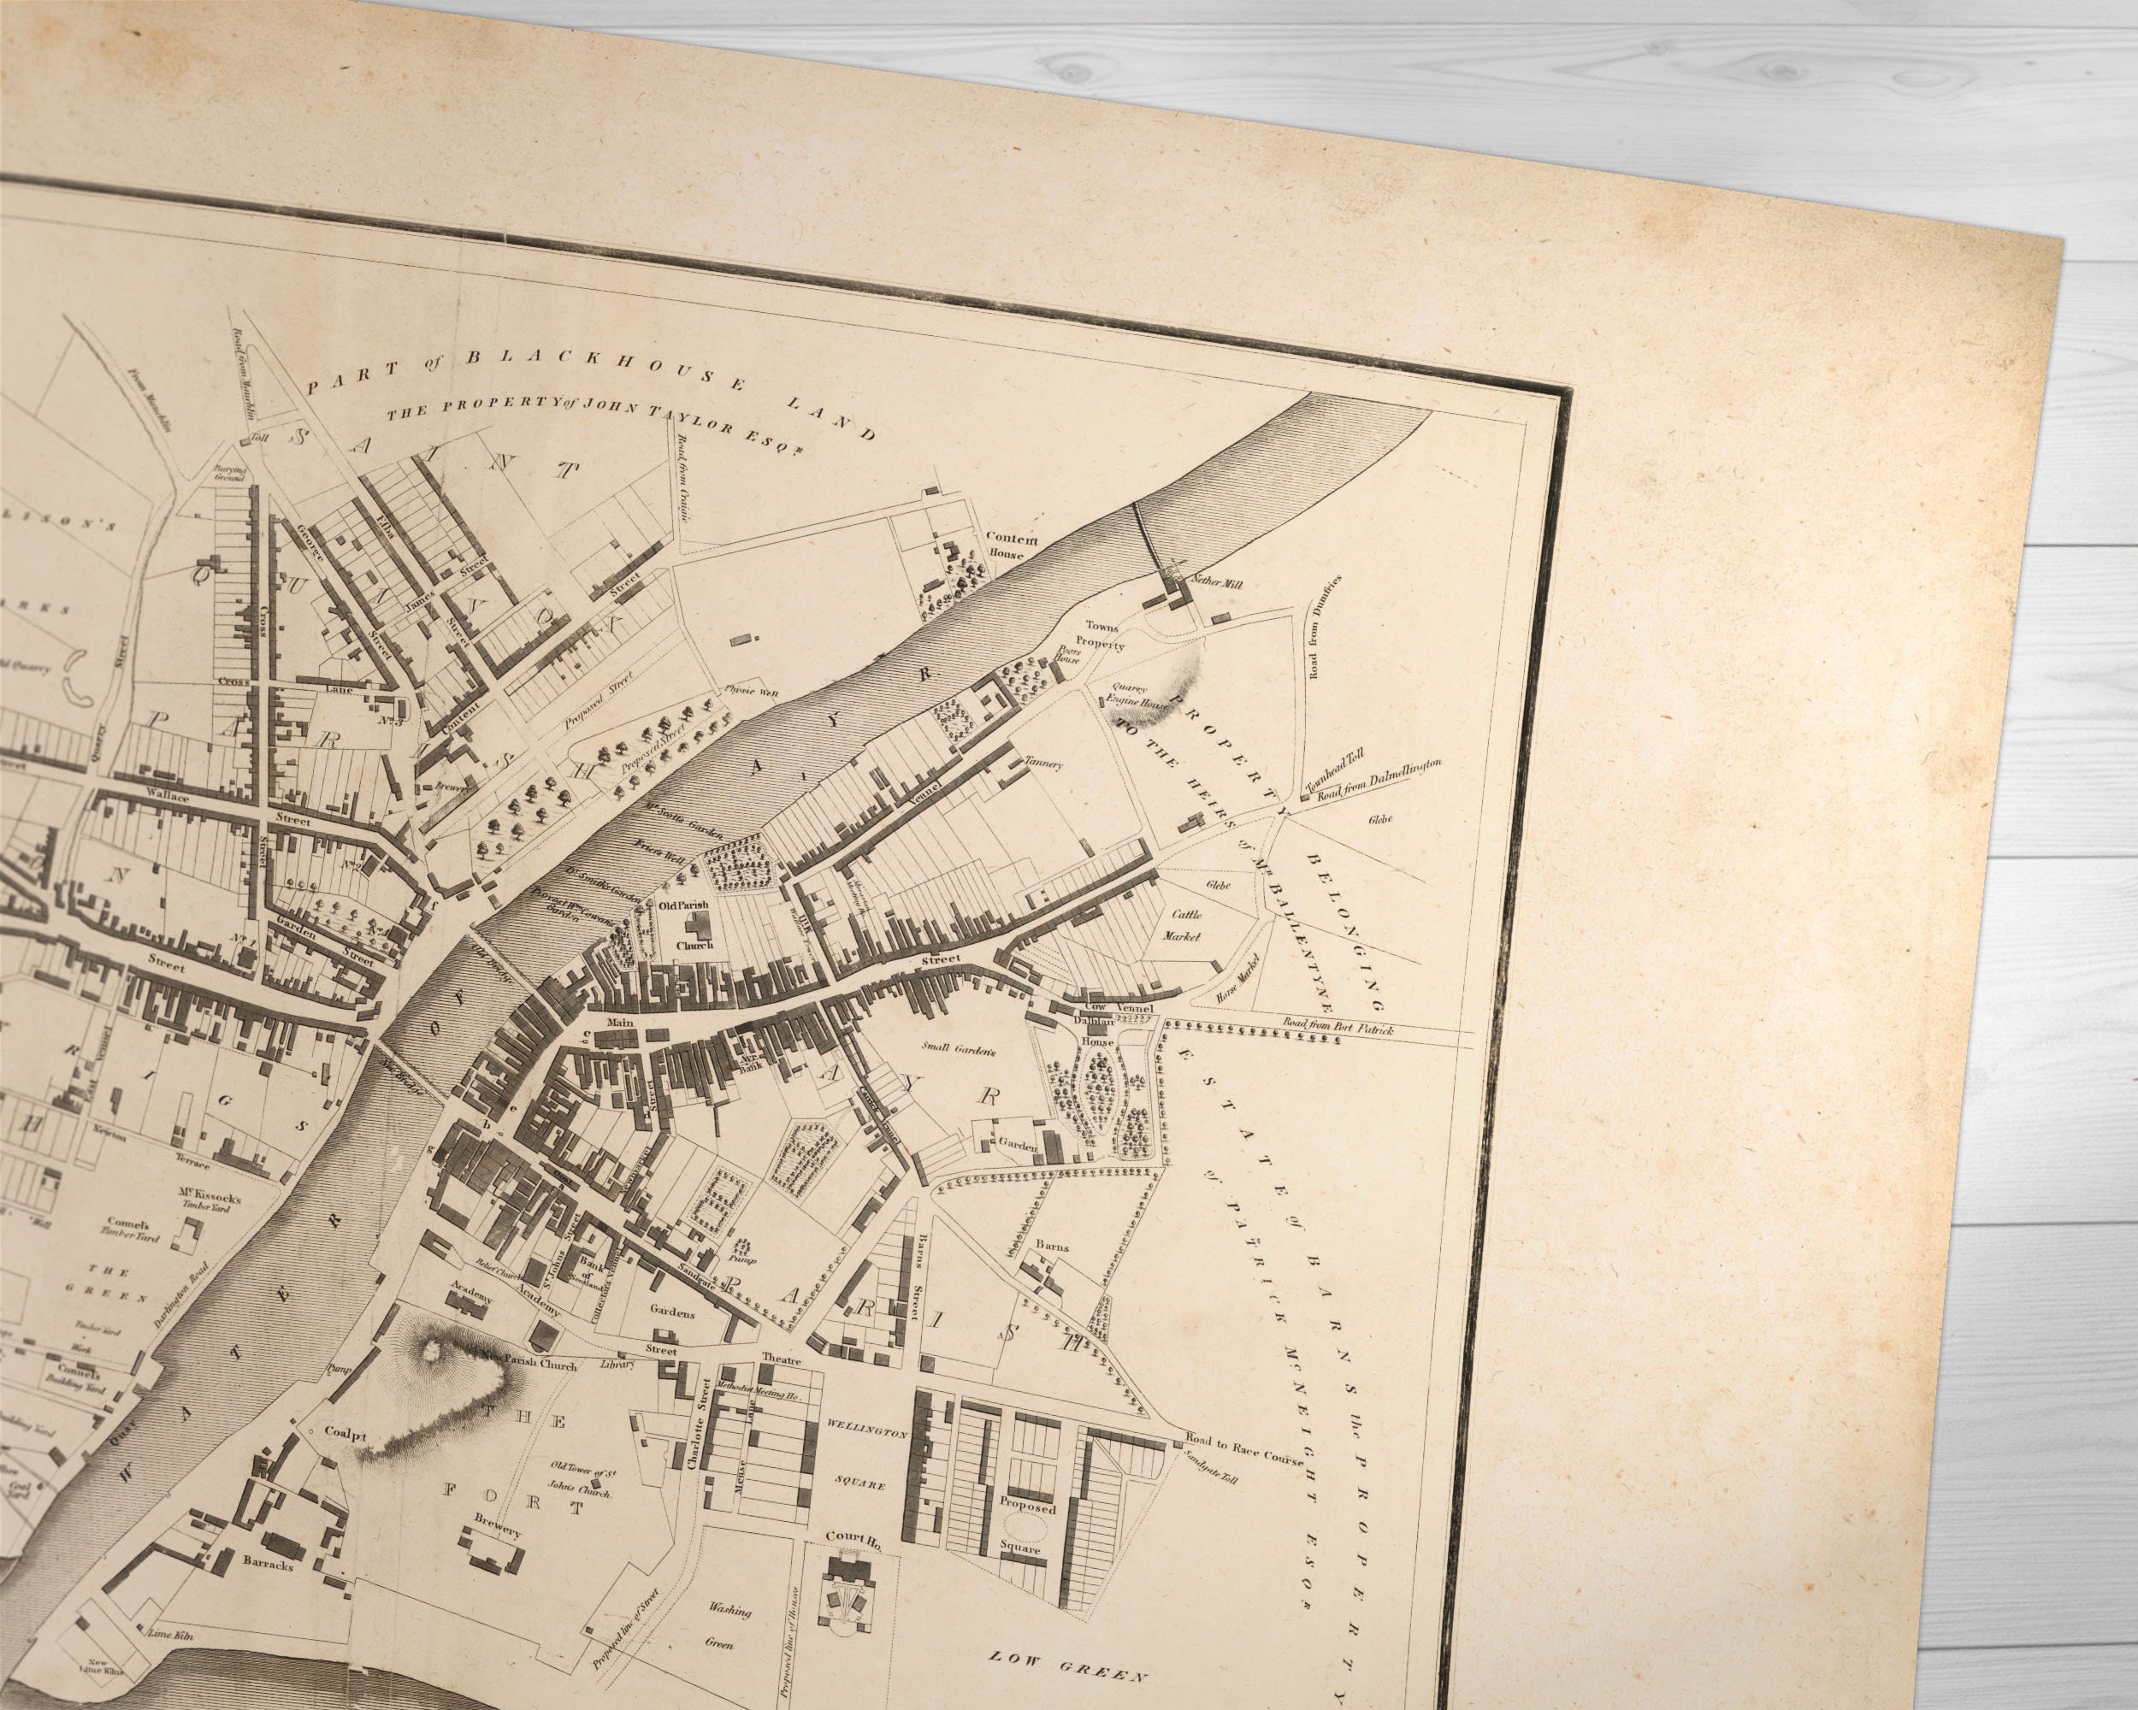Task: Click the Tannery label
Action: click(x=1044, y=764)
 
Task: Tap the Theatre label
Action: click(x=781, y=1357)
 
